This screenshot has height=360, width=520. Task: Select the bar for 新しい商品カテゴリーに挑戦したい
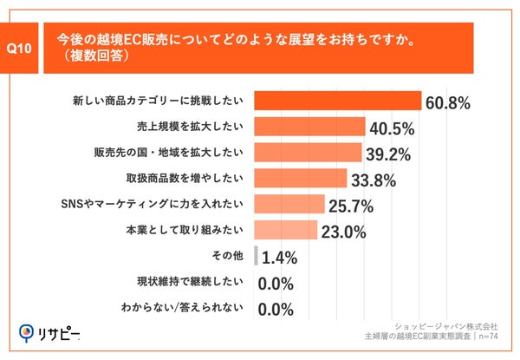click(337, 102)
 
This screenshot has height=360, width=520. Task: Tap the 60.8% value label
click(448, 104)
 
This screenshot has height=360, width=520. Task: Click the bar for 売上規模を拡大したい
click(309, 128)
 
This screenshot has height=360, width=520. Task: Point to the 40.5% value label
click(392, 129)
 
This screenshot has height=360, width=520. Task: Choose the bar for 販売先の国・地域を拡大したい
click(308, 154)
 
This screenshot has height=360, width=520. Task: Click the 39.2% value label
click(388, 155)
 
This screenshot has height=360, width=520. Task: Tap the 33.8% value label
click(374, 180)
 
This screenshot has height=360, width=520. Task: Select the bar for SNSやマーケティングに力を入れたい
click(289, 205)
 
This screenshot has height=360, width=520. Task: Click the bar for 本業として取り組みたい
click(285, 230)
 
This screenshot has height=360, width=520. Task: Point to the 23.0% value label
click(344, 232)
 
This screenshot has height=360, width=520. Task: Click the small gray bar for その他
click(256, 256)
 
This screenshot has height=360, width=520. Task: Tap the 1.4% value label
click(280, 258)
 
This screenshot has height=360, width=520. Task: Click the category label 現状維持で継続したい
click(192, 282)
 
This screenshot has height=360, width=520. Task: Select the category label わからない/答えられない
click(185, 307)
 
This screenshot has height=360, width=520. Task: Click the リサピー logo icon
click(27, 333)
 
